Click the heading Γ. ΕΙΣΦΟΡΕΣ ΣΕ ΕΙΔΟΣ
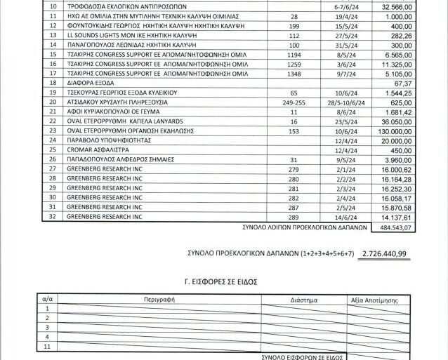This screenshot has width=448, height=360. tap(224, 281)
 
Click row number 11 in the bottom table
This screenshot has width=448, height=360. tap(48, 347)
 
